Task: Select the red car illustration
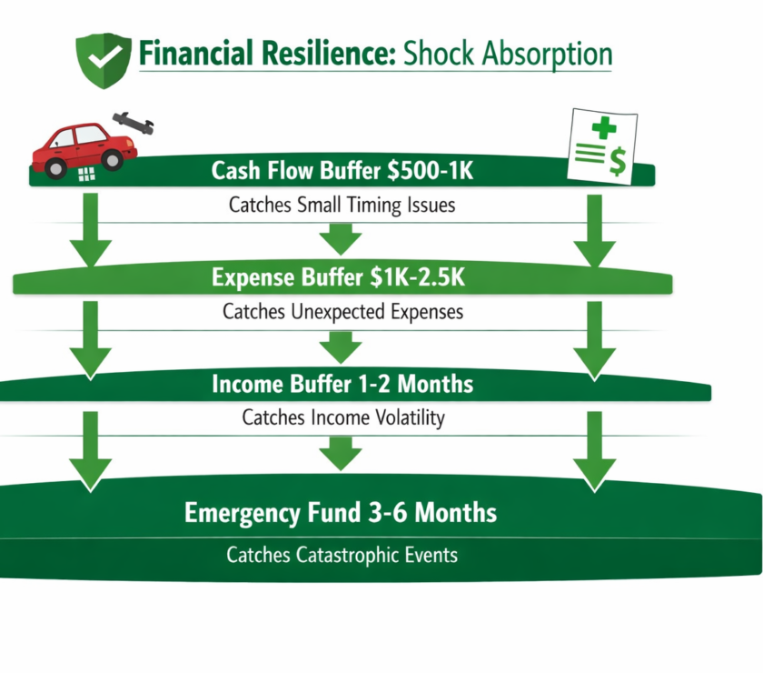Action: coord(83,148)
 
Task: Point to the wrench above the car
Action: coord(133,124)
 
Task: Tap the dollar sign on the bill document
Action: coord(617,162)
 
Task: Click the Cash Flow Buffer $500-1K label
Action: coord(342,171)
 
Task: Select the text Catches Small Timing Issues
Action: coord(342,205)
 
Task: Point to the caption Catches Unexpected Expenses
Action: coord(342,312)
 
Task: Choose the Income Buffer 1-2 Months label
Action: coord(342,384)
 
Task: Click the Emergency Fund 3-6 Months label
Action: coord(341,513)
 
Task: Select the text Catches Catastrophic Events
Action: coord(342,554)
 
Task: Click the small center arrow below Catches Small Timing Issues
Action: coord(341,239)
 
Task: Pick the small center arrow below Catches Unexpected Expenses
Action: coord(341,347)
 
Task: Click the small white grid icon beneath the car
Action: coord(87,176)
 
